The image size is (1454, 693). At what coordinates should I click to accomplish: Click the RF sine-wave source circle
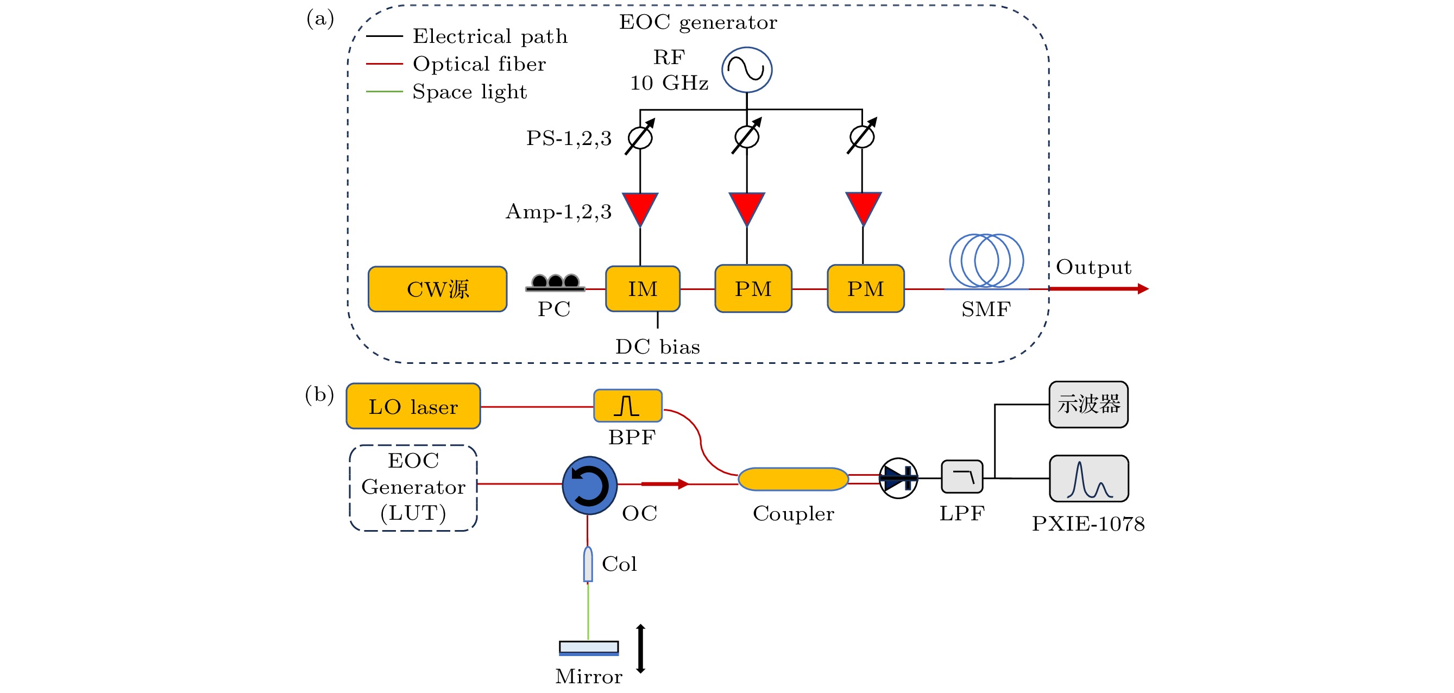(x=746, y=70)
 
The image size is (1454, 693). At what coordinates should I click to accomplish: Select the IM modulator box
(x=643, y=289)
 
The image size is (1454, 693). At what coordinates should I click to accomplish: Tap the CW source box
(x=437, y=289)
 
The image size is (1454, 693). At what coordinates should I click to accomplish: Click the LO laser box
(x=413, y=406)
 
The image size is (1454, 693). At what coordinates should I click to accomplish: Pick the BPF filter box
(x=628, y=406)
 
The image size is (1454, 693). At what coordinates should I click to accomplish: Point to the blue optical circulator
(x=589, y=485)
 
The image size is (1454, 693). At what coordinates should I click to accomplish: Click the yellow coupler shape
(x=793, y=479)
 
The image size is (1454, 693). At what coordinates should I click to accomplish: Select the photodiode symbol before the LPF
(x=898, y=478)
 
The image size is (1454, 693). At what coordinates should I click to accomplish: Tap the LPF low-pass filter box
(x=962, y=477)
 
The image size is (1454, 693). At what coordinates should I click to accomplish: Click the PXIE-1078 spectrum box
(x=1088, y=478)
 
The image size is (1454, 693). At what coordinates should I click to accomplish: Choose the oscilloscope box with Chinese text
(x=1088, y=404)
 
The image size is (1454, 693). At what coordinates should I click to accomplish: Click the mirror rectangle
(x=589, y=647)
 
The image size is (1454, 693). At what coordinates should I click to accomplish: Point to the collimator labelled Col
(x=588, y=564)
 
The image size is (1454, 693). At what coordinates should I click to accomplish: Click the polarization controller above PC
(x=556, y=282)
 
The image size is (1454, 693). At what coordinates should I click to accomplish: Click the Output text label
(x=1093, y=267)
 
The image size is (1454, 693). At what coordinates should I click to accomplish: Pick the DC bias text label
(x=657, y=346)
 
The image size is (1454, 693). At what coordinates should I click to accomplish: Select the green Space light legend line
(x=385, y=91)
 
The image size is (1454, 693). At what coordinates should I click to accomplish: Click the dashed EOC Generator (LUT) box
(x=413, y=488)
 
